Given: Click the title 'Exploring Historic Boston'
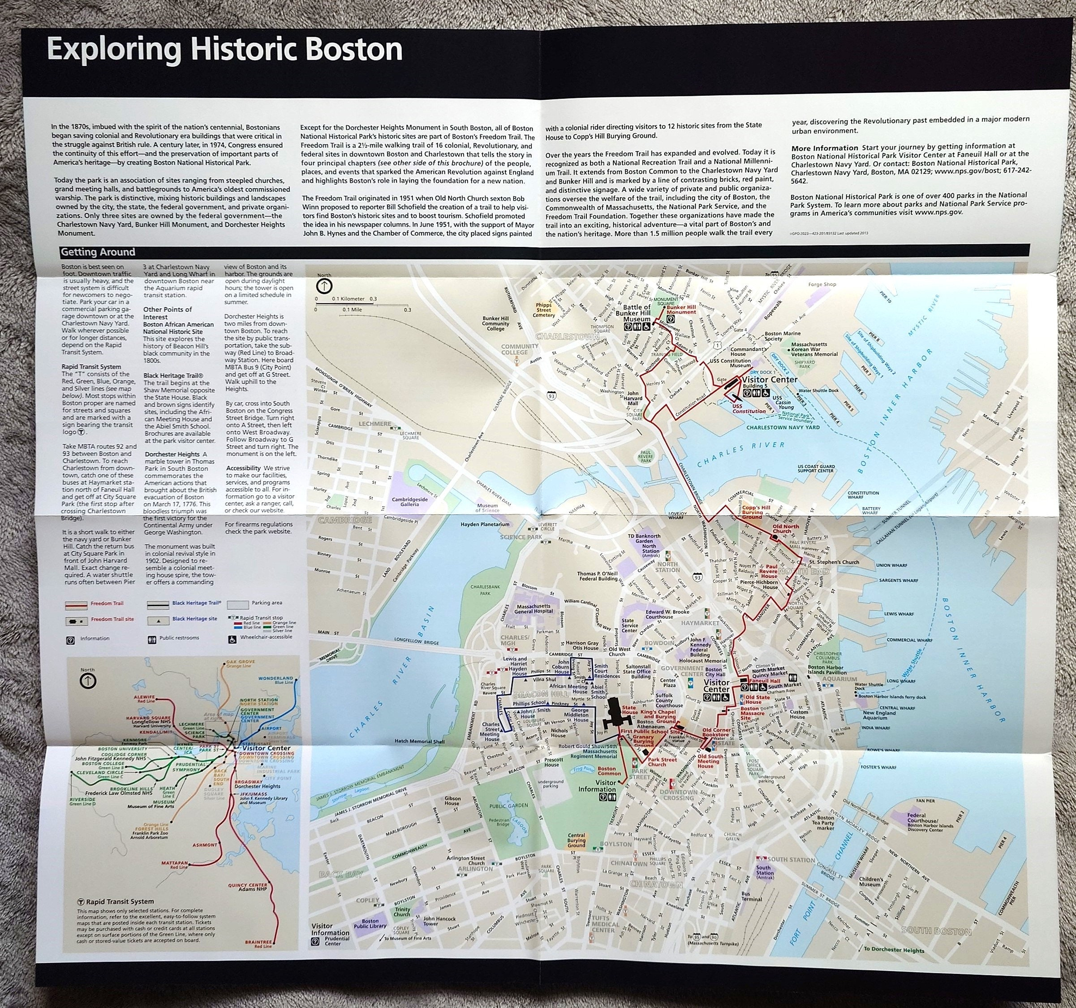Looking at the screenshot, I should click(224, 50).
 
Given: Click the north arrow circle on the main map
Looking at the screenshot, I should click(324, 285).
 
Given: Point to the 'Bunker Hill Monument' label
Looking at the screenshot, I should click(681, 309).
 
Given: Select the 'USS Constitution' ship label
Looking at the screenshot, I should click(749, 408).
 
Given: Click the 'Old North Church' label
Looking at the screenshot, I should click(785, 528).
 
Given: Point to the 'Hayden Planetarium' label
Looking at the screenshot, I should click(485, 524).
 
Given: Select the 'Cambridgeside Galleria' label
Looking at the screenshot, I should click(410, 501).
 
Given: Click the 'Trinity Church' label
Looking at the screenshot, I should click(402, 912).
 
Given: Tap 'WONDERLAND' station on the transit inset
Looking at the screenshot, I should click(275, 678).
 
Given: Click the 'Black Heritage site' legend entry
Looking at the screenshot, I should click(194, 619).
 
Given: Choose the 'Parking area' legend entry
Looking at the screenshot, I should click(267, 603).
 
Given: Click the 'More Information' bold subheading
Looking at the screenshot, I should click(824, 148).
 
